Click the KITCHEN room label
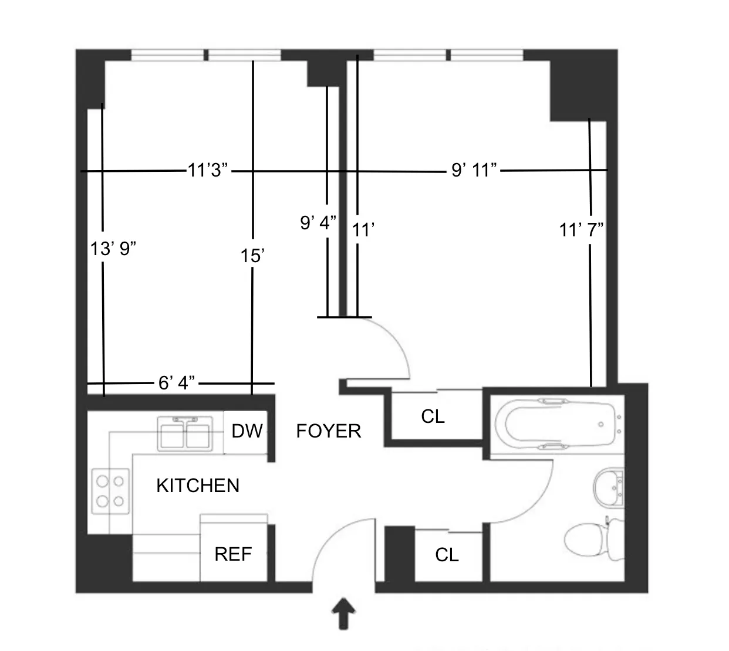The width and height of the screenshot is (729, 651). [198, 486]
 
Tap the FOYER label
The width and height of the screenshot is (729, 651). [328, 431]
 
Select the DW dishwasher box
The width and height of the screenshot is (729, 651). [247, 432]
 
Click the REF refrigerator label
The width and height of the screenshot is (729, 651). [233, 554]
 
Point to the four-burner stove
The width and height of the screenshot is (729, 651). [111, 491]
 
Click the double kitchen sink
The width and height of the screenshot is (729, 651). [185, 433]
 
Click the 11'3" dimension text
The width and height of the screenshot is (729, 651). [208, 171]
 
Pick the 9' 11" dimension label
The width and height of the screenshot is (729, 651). [474, 171]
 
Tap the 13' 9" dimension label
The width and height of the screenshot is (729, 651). [113, 249]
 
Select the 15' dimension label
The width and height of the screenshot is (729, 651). [252, 256]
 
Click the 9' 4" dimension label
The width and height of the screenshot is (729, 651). [318, 223]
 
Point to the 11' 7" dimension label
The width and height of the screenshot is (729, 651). [581, 230]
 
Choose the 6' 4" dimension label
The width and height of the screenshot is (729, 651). [177, 383]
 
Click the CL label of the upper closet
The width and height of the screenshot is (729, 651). [433, 416]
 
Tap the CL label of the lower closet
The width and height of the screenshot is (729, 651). [447, 555]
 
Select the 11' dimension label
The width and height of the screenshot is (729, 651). [363, 230]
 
